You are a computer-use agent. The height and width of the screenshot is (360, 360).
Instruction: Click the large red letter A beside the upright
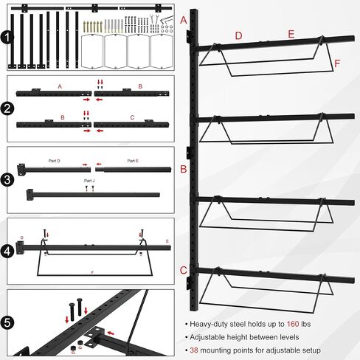184,21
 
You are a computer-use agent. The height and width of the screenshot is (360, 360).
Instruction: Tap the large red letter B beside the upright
183,168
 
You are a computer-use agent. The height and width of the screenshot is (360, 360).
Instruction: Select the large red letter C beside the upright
183,270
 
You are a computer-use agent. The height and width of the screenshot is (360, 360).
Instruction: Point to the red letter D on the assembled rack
238,35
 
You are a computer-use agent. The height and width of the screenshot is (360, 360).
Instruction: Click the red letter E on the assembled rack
291,35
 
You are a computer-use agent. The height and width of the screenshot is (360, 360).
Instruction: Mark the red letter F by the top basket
337,63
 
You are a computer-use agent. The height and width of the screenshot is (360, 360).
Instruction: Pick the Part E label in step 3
132,160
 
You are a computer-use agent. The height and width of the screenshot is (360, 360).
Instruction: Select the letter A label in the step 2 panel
58,86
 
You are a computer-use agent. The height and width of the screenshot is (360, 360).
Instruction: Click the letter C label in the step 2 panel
132,117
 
